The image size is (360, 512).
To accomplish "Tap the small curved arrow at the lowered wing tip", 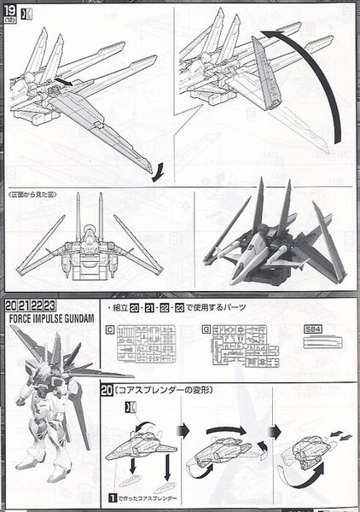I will tap(154, 173).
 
